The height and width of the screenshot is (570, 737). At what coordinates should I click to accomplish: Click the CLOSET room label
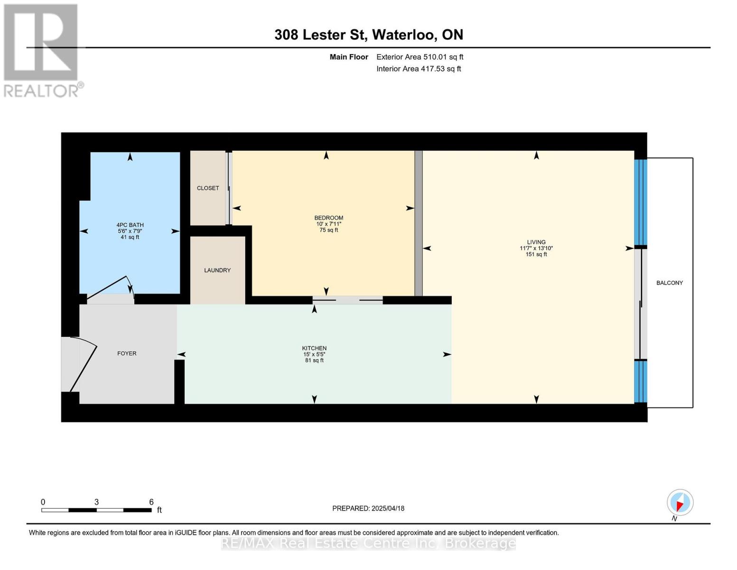point(207,188)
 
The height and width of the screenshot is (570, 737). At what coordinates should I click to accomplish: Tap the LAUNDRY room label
point(217,270)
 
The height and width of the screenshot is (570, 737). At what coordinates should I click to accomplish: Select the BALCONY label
point(670,283)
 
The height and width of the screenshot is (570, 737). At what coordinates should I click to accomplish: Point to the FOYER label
point(127,353)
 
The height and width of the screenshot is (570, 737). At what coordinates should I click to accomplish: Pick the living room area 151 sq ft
point(536,254)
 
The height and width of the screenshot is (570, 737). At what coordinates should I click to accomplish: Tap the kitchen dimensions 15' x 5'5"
point(315,354)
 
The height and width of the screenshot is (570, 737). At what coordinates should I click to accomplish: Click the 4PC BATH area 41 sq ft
point(130,237)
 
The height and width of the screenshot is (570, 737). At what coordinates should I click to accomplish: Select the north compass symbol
point(680,503)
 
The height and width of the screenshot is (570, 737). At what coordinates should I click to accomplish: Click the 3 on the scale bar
point(97,502)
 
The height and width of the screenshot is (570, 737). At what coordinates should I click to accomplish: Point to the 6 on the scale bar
point(151,502)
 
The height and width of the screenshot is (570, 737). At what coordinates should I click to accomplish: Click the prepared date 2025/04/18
point(388,509)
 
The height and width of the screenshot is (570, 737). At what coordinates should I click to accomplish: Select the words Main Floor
point(349,57)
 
